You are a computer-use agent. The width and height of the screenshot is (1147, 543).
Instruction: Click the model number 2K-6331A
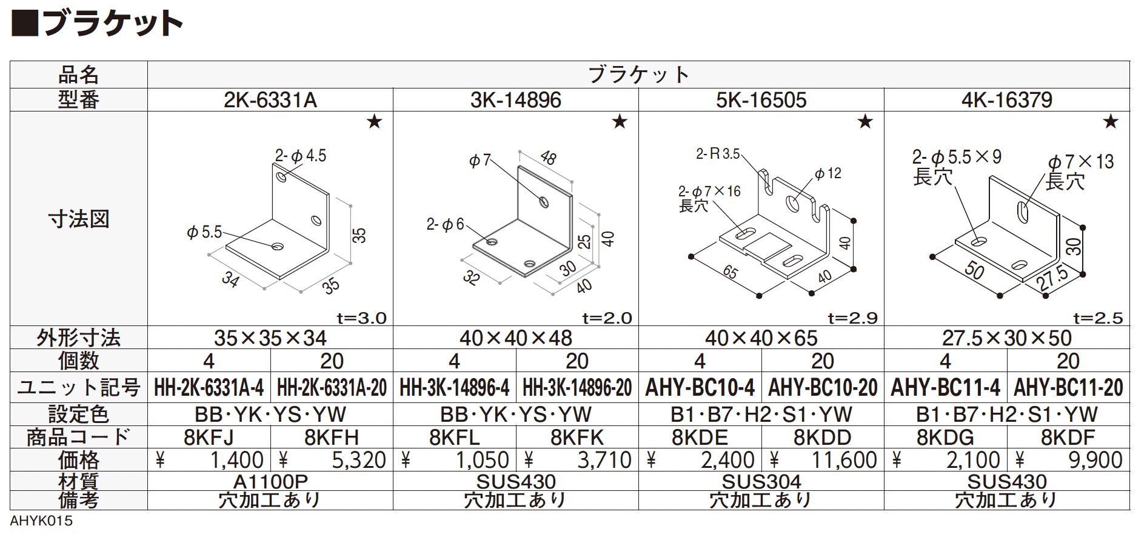tap(270, 100)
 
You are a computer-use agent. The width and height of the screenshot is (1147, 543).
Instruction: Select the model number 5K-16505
tap(761, 100)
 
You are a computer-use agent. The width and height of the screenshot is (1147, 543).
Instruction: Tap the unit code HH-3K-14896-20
tap(577, 387)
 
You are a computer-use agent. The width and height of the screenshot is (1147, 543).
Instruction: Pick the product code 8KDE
tap(700, 437)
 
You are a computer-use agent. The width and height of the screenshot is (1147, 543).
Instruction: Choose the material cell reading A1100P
tap(270, 481)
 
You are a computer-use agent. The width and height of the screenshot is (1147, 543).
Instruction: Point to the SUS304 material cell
tap(761, 481)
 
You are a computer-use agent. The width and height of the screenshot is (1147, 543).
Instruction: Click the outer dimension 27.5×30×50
tap(1007, 338)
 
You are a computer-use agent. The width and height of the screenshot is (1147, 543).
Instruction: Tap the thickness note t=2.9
tap(852, 318)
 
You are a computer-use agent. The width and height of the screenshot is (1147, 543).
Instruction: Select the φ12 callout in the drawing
tap(828, 173)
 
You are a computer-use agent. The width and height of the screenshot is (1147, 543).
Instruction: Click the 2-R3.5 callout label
tap(718, 154)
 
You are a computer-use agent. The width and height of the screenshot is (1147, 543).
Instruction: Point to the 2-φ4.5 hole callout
tap(301, 156)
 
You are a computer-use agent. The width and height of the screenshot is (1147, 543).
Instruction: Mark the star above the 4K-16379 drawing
tap(1111, 122)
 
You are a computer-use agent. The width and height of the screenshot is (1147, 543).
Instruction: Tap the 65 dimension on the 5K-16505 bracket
tap(731, 272)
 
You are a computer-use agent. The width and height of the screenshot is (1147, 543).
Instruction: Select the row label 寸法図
tap(79, 219)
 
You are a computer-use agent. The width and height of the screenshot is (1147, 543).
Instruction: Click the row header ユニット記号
tap(79, 387)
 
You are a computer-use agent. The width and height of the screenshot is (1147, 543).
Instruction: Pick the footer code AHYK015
tap(41, 521)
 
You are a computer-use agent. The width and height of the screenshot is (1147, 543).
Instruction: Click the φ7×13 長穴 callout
tap(1080, 172)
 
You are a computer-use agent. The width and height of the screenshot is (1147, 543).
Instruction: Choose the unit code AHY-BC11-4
tap(945, 387)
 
